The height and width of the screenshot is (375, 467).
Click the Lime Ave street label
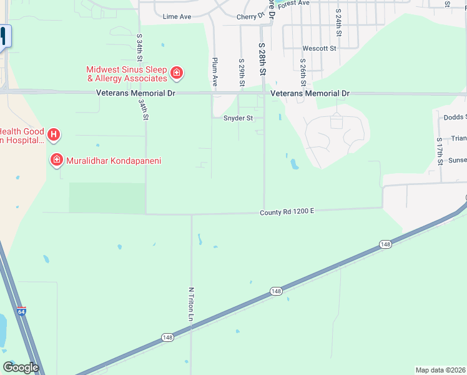176,17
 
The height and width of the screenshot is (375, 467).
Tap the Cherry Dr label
251,17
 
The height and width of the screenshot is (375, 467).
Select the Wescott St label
319,48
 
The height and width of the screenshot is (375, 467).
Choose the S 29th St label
241,72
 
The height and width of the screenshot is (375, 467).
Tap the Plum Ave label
215,71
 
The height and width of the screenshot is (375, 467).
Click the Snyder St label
238,117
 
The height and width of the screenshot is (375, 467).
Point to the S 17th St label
440,150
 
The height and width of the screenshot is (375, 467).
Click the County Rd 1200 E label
287,212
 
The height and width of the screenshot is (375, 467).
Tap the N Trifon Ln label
190,304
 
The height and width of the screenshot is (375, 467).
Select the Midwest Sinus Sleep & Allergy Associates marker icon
177,74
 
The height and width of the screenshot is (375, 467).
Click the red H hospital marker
54,134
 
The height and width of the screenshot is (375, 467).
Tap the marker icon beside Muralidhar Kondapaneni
57,161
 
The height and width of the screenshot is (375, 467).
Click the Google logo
21,367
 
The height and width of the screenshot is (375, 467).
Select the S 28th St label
263,59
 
